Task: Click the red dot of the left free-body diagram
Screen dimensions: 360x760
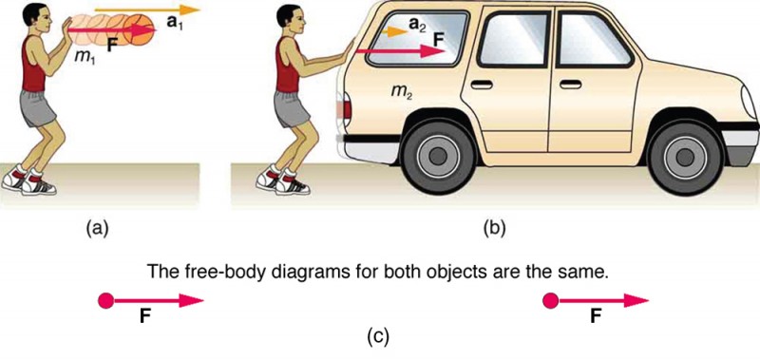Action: pyautogui.click(x=106, y=301)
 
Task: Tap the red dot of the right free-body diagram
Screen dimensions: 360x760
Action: pyautogui.click(x=549, y=301)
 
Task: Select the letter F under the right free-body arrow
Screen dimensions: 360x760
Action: pyautogui.click(x=595, y=318)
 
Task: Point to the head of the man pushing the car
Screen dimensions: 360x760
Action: pyautogui.click(x=292, y=16)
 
